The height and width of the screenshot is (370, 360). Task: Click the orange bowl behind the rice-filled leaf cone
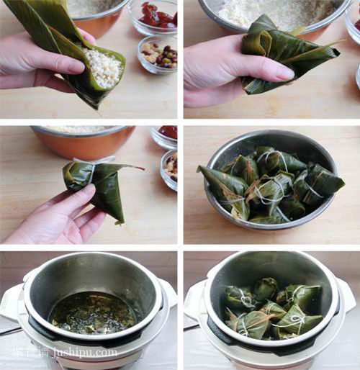pyautogui.click(x=97, y=18)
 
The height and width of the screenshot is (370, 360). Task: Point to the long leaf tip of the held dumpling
pyautogui.click(x=130, y=167)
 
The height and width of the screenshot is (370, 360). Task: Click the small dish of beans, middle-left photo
pyautogui.click(x=171, y=167)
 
